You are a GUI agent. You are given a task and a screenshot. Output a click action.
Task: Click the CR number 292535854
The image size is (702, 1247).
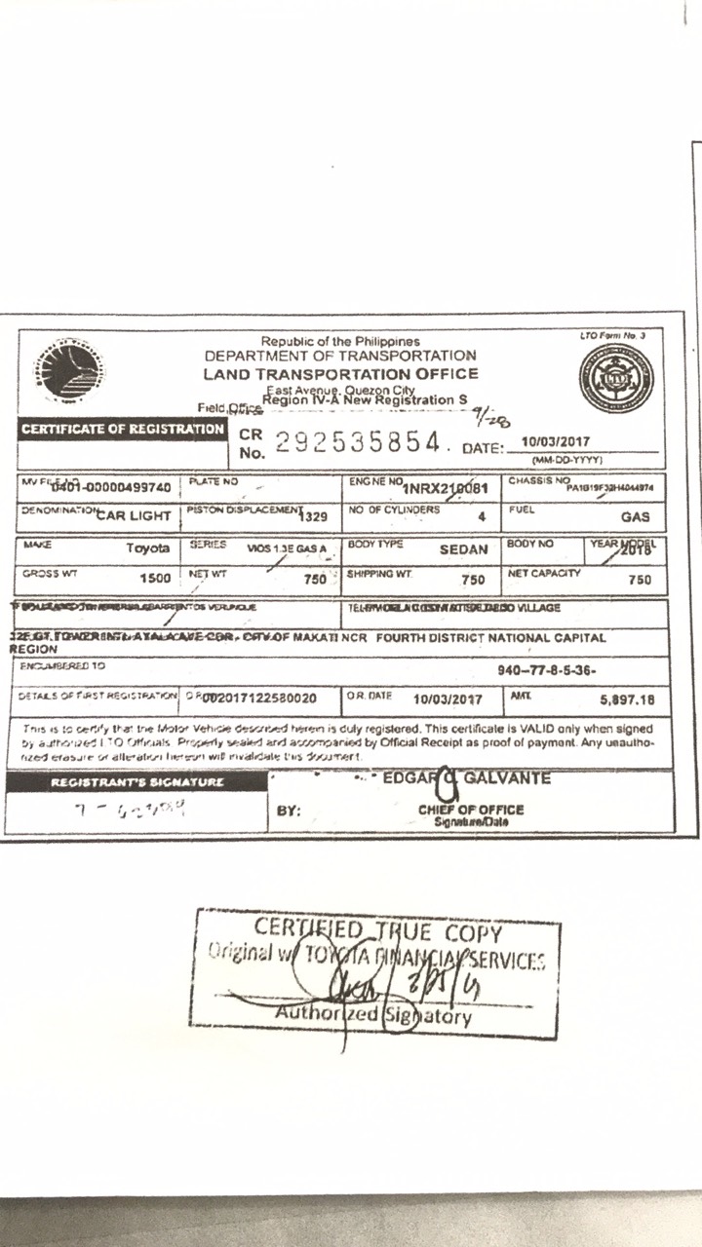[357, 443]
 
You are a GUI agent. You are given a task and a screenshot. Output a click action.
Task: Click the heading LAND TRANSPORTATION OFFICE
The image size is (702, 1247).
[340, 373]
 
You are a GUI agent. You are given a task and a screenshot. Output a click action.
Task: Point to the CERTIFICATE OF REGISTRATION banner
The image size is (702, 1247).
[123, 429]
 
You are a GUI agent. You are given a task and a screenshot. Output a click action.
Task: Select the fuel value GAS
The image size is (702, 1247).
[635, 517]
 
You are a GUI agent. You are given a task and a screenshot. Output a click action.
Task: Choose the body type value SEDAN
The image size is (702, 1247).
[463, 549]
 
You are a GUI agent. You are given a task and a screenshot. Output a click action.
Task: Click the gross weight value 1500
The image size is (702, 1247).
[155, 579]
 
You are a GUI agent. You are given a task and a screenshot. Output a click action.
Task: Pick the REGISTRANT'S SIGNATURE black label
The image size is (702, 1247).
[136, 782]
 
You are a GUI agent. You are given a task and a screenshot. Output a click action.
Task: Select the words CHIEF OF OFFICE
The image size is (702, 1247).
[471, 810]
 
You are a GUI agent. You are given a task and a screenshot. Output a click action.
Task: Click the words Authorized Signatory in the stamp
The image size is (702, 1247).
[373, 1016]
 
